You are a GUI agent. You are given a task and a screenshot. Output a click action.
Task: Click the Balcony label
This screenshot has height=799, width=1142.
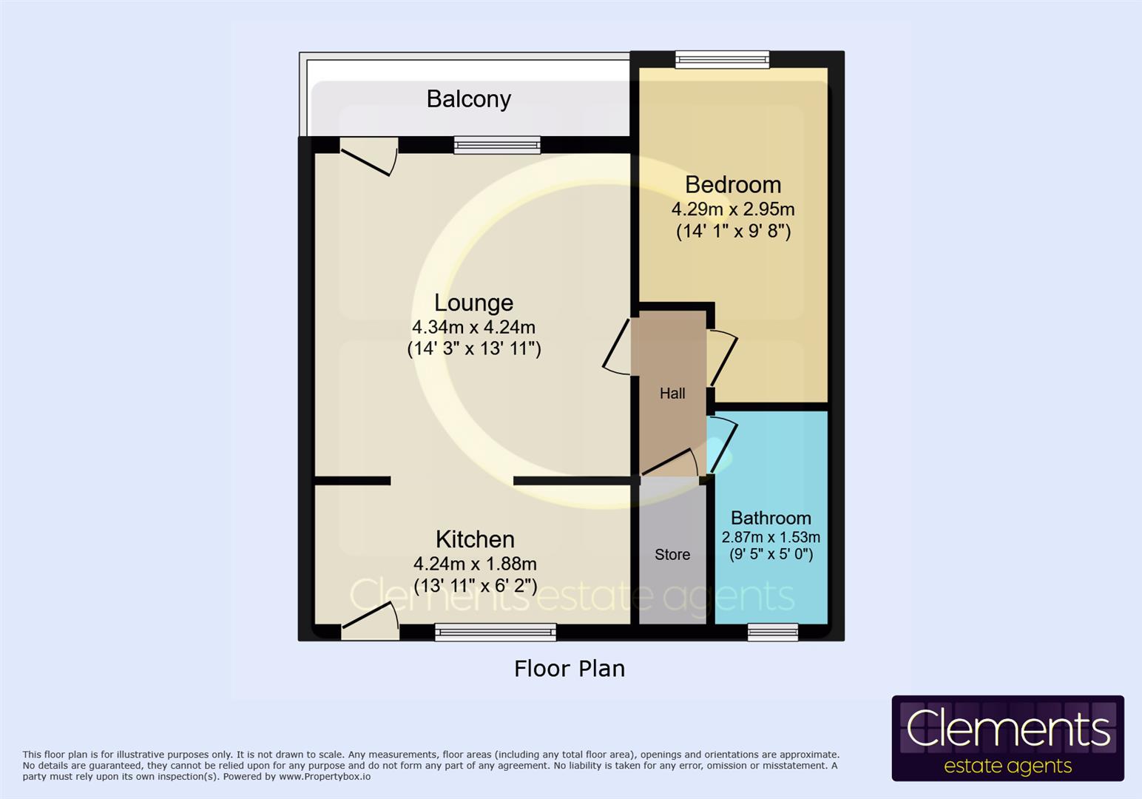tap(468, 99)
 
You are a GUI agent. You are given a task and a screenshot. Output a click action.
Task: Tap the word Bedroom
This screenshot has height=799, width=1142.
tap(733, 184)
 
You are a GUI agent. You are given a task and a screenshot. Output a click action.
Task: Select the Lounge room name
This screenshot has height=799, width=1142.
tap(473, 303)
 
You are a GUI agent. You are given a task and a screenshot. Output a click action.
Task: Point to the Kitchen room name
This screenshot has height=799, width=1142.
tap(475, 539)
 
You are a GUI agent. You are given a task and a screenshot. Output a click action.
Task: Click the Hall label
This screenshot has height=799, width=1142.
tap(672, 393)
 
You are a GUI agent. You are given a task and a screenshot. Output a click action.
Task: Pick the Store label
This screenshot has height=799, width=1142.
tap(672, 554)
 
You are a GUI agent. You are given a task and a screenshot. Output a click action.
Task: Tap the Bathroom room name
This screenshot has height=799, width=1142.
tap(771, 518)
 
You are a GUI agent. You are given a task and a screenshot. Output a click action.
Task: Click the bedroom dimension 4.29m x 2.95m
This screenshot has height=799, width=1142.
tap(733, 209)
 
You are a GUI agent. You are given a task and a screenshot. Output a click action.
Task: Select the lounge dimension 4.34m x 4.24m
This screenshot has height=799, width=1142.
tap(473, 327)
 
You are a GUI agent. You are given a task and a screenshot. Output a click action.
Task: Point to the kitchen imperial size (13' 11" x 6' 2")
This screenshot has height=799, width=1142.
tap(475, 586)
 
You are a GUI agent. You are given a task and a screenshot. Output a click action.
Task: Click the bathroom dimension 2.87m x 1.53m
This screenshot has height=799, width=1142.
tap(771, 537)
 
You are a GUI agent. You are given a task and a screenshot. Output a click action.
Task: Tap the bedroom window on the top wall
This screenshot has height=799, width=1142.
tap(723, 60)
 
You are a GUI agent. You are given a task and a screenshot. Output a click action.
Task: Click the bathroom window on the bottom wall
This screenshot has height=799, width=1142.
tap(773, 633)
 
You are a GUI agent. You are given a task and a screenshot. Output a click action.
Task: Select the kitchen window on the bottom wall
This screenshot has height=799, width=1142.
tap(496, 633)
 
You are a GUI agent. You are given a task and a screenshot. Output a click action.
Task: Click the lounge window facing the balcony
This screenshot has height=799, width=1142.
tap(497, 145)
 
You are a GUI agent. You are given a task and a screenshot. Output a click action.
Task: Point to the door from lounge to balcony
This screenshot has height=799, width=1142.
tap(368, 156)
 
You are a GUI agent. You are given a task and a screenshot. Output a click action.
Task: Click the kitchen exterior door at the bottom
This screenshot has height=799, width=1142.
tap(370, 621)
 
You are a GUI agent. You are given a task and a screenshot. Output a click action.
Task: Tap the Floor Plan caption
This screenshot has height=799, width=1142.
tap(570, 669)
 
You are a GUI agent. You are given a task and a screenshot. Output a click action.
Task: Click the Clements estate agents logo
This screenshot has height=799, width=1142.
tap(1008, 738)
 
